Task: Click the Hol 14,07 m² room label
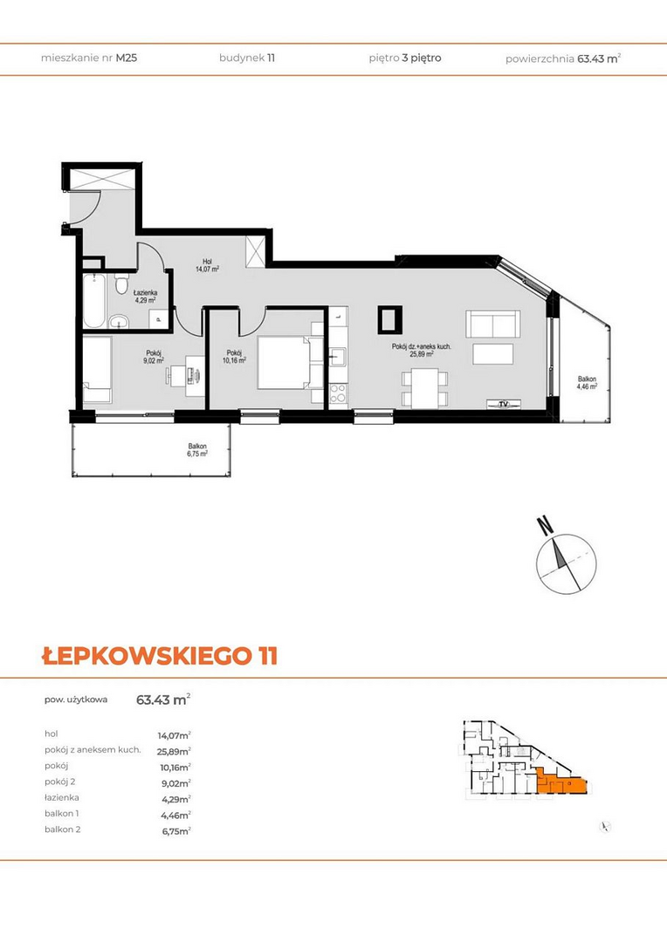pos(207,265)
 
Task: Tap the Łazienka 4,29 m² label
pos(146,296)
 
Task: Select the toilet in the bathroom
pos(121,284)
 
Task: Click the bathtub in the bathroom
pos(94,301)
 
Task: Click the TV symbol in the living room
pos(504,405)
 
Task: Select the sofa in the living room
pos(493,324)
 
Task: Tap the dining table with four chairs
pos(425,387)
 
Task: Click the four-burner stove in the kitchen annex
pos(338,393)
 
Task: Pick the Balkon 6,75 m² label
pos(197,450)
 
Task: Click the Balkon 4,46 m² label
pos(587,383)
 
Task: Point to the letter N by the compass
pos(545,526)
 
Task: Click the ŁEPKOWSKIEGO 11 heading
pos(160,655)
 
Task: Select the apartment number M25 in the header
pos(127,58)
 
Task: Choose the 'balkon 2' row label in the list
pos(63,829)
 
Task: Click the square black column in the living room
pos(389,319)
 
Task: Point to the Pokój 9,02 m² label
pos(154,357)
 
